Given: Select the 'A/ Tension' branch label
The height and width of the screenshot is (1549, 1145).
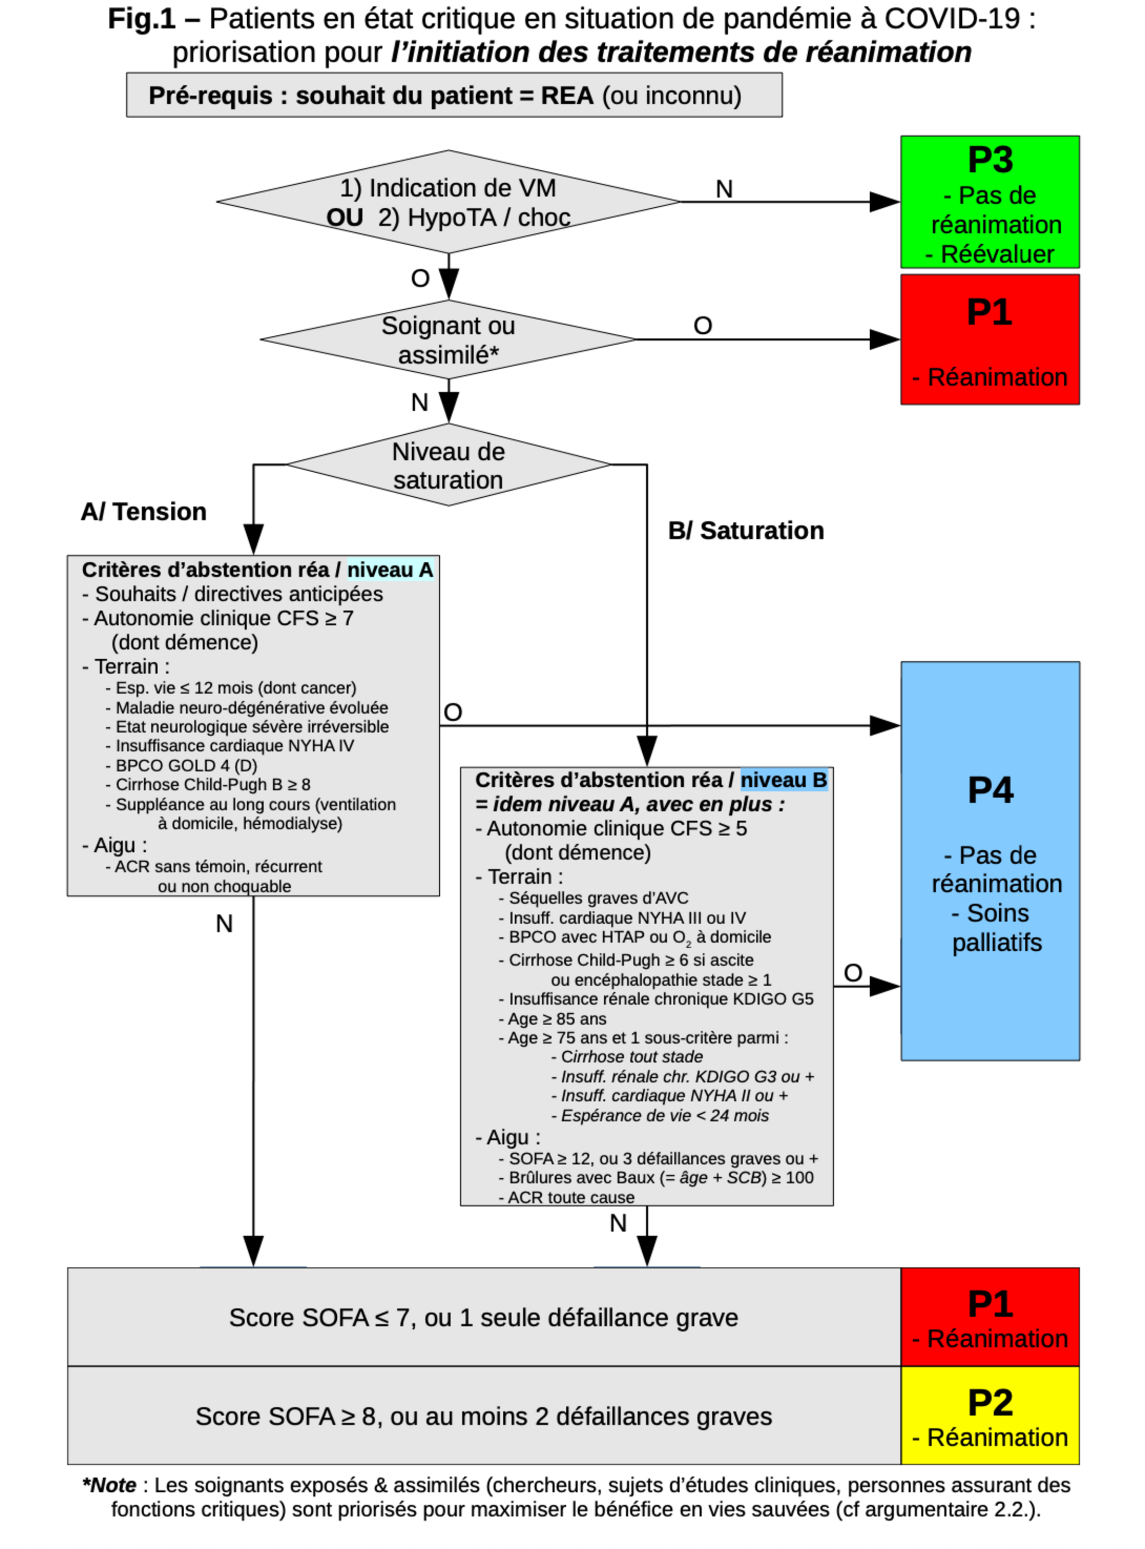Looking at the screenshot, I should (144, 512).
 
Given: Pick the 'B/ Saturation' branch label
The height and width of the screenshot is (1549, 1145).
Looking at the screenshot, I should (746, 531).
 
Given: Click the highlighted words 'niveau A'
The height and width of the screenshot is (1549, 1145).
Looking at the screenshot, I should (389, 570).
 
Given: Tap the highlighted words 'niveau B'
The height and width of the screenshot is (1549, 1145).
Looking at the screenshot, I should (783, 780).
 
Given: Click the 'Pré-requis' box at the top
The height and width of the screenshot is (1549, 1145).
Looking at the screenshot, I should (454, 95).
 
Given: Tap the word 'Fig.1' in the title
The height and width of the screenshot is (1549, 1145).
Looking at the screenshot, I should (142, 19).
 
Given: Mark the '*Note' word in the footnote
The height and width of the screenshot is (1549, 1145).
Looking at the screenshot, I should (109, 1485).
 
